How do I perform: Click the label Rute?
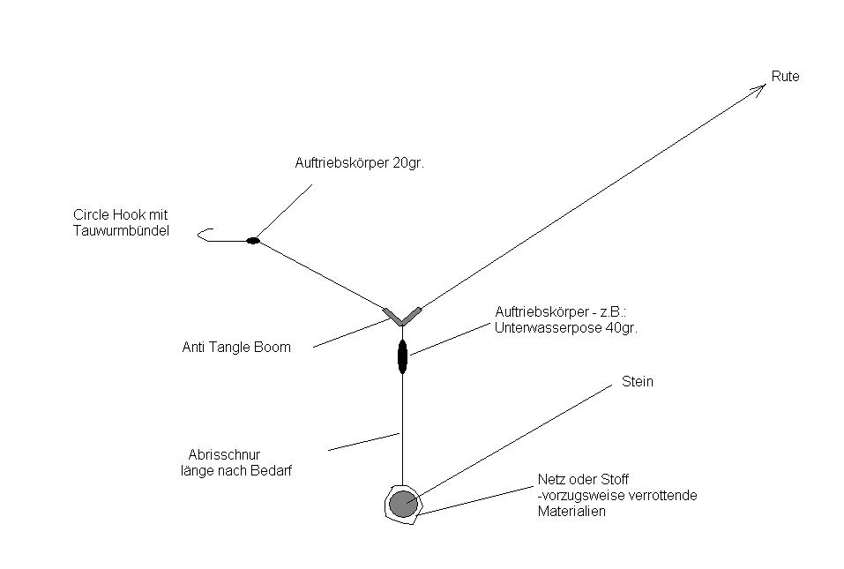pos(785,77)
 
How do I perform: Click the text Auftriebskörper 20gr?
pos(359,163)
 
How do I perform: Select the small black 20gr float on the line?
pos(253,240)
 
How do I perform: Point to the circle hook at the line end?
pos(204,235)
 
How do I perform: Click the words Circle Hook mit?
pos(120,214)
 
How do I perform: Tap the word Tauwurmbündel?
pos(120,231)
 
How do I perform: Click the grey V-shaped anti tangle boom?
pos(402,316)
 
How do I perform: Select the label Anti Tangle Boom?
pos(235,348)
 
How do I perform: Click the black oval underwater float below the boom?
pos(402,357)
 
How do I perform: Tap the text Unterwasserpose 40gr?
pos(566,327)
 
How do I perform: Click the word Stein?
pos(638,382)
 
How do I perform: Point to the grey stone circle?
pos(403,504)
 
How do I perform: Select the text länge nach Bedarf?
pos(235,471)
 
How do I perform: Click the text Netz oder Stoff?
pos(583,480)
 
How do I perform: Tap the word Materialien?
pos(571,512)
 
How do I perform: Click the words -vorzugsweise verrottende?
pos(617,496)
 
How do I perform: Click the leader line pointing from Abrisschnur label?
pos(363,441)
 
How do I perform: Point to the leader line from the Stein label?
pos(512,441)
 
